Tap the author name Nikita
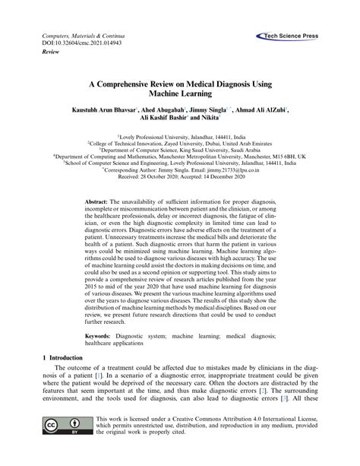click(208, 119)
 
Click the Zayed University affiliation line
click(179, 142)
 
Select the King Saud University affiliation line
click(179, 150)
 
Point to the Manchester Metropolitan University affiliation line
click(179, 157)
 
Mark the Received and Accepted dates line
click(179, 180)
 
